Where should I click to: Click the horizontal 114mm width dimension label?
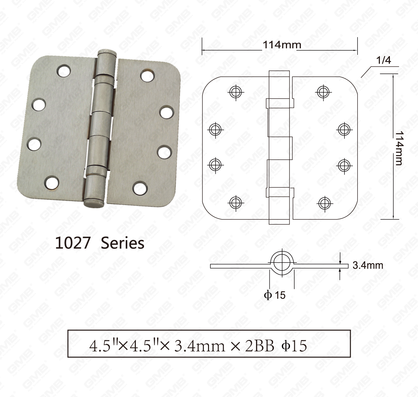(x=282, y=45)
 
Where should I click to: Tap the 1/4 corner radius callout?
(x=384, y=60)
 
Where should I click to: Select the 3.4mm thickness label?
(x=368, y=265)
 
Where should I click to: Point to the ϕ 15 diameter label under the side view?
(x=275, y=295)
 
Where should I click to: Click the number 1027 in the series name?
(x=73, y=243)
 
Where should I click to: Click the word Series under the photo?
(x=122, y=243)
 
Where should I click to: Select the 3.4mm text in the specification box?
(x=200, y=346)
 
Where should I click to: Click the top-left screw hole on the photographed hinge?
(x=63, y=71)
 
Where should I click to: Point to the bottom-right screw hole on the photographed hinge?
(x=140, y=188)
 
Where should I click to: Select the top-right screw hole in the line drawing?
(x=323, y=92)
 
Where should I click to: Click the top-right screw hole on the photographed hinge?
(x=148, y=75)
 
